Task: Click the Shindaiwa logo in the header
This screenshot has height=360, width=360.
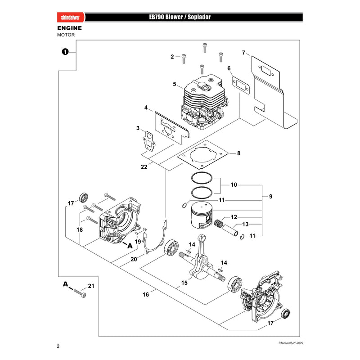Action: (x=71, y=17)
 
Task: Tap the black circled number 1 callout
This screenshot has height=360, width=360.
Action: (x=65, y=52)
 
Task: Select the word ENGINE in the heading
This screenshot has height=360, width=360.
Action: (x=70, y=28)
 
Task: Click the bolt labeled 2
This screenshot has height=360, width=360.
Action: (x=184, y=58)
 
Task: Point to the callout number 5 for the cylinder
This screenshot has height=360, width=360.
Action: (x=175, y=84)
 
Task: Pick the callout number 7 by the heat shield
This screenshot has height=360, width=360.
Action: (x=243, y=53)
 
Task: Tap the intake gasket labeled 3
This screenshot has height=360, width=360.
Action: (x=149, y=141)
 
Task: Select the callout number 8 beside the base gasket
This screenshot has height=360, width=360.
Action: (x=239, y=153)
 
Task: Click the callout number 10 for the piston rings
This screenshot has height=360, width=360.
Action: (x=234, y=184)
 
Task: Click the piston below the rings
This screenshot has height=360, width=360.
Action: (x=202, y=216)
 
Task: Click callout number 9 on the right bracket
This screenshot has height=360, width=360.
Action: (x=271, y=197)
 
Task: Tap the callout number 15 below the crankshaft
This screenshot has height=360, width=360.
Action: (x=184, y=283)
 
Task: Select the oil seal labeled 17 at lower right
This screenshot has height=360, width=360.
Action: (x=286, y=314)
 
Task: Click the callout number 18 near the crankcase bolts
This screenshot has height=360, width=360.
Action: (x=80, y=229)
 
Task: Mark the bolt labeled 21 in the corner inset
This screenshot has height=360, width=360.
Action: (x=80, y=293)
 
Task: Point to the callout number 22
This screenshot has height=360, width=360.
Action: (x=144, y=167)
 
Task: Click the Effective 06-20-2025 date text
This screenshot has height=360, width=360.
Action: (x=291, y=343)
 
